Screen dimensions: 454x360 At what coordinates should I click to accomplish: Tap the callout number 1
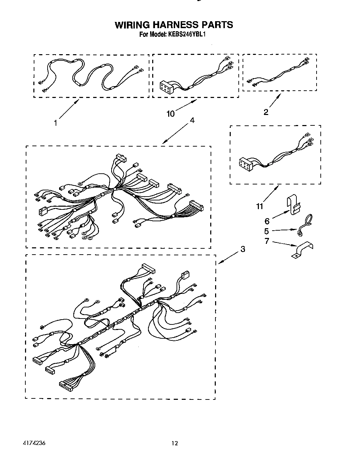(x=56, y=123)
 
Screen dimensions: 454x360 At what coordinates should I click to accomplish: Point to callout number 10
(x=171, y=114)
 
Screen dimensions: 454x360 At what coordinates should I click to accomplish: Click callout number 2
(x=266, y=112)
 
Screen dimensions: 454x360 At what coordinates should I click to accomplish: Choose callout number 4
(x=192, y=120)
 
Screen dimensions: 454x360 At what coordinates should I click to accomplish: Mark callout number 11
(x=260, y=206)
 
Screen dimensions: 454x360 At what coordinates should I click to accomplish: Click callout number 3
(x=243, y=249)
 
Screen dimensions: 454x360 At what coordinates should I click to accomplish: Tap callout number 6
(x=267, y=221)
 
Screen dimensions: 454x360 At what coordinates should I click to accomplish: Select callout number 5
(x=267, y=231)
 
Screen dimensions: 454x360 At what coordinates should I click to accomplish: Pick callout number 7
(x=267, y=241)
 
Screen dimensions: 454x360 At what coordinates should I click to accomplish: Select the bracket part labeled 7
(x=302, y=249)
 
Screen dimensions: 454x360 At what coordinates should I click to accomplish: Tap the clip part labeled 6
(x=294, y=207)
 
